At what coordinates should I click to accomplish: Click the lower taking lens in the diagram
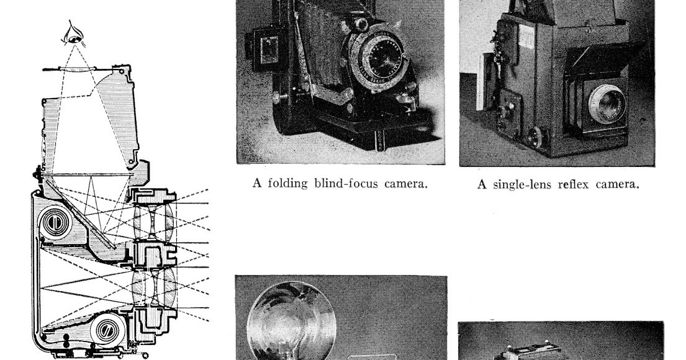(151, 289)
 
